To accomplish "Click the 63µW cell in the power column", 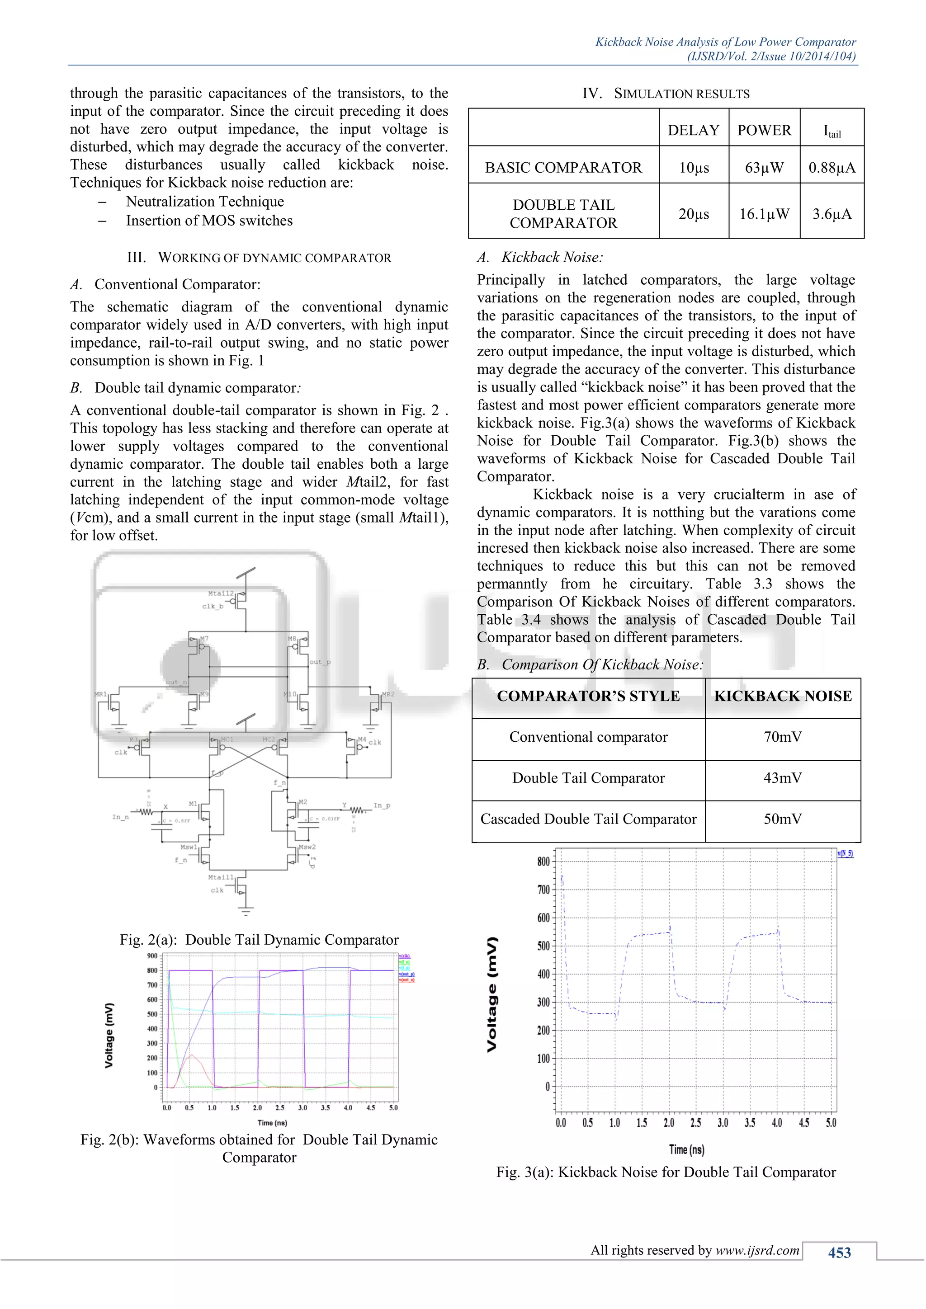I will click(x=764, y=168).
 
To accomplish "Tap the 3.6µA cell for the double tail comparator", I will click(x=832, y=214).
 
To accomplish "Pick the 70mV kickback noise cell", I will click(x=782, y=737).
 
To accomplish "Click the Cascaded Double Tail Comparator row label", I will click(x=588, y=819).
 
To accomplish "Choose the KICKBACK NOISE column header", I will click(x=782, y=696).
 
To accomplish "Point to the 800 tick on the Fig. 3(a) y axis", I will click(x=543, y=862).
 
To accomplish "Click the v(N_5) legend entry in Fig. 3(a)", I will click(x=845, y=853).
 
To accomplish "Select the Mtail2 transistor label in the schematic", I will click(x=221, y=593).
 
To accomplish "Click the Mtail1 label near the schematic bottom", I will click(x=221, y=877).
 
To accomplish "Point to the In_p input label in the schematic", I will click(x=382, y=805).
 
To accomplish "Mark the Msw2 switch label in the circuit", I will click(x=307, y=847).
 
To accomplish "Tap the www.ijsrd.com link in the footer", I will click(x=757, y=1250).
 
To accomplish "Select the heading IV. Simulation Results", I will click(x=666, y=94).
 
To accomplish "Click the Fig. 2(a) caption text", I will click(x=259, y=940).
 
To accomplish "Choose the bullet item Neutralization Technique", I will click(x=205, y=202).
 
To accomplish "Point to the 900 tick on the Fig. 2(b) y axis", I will click(x=152, y=956).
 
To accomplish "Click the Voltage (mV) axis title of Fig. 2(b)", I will click(x=109, y=1035).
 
